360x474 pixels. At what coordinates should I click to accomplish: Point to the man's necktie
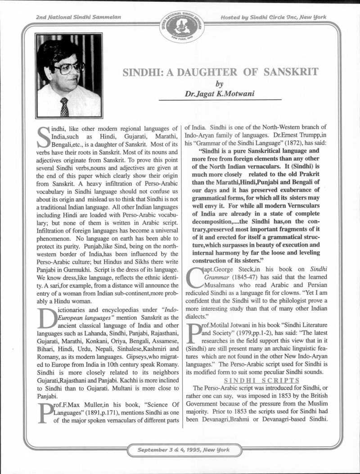click(x=64, y=107)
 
